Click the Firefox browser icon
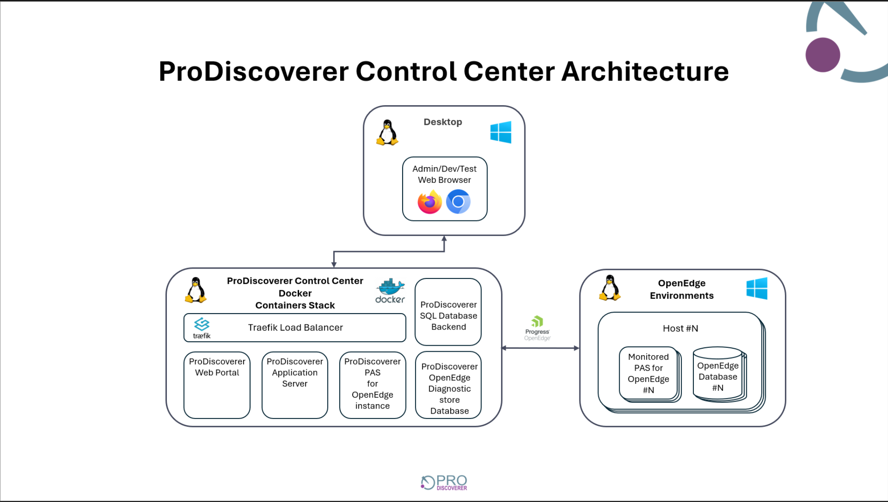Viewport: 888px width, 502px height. click(429, 202)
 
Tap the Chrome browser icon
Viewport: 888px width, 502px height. click(458, 201)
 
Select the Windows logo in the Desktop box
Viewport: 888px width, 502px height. click(501, 132)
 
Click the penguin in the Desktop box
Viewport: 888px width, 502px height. click(387, 133)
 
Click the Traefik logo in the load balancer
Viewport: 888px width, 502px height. click(202, 328)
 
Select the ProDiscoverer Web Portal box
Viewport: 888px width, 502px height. click(217, 385)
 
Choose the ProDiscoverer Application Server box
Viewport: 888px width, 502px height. click(295, 385)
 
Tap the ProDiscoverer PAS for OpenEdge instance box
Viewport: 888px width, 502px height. click(372, 385)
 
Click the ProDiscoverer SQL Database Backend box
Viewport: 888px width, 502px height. click(448, 312)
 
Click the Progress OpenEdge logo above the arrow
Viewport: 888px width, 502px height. click(537, 328)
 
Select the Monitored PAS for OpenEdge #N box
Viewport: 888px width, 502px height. click(648, 373)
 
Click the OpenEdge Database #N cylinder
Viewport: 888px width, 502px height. click(718, 374)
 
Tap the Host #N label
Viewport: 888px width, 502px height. click(680, 328)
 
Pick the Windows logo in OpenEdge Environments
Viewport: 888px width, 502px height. click(757, 288)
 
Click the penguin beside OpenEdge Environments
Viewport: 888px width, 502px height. click(610, 288)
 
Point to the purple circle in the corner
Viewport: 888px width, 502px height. click(823, 55)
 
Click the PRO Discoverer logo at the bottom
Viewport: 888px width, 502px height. click(444, 482)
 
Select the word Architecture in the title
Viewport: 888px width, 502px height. click(645, 71)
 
